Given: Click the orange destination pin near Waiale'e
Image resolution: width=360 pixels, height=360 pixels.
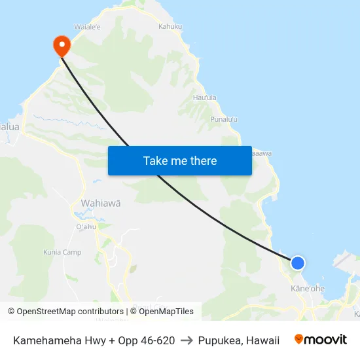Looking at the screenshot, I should (x=62, y=45).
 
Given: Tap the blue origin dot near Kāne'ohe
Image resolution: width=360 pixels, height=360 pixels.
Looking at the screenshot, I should (x=297, y=263).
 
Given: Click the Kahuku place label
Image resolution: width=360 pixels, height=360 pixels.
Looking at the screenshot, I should (x=170, y=27).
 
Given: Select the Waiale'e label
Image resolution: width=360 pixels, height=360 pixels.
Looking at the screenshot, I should (x=87, y=27).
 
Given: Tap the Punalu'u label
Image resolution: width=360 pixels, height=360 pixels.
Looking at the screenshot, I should (x=223, y=119).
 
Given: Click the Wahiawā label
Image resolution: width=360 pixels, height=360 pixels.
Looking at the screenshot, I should (x=101, y=203).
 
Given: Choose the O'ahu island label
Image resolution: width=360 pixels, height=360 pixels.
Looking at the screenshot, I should (x=86, y=226).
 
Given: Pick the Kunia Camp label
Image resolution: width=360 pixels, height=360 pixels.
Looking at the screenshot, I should (x=62, y=252).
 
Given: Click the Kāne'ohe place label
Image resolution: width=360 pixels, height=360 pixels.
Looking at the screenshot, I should (x=307, y=288).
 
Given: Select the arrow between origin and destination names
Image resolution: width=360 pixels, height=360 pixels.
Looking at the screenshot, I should (x=186, y=340).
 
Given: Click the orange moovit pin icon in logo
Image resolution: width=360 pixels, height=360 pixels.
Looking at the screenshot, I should (x=299, y=340).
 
